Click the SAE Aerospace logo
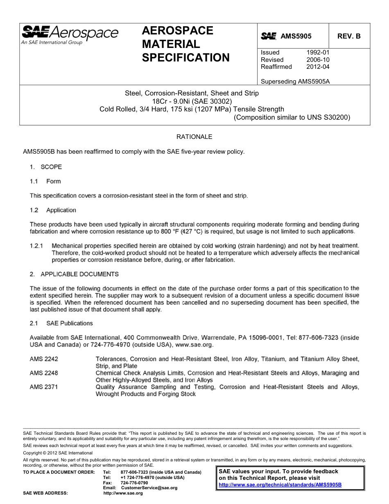click(70, 34)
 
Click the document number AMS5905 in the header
click(296, 36)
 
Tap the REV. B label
click(349, 36)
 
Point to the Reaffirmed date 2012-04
click(318, 67)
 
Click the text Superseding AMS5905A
click(295, 81)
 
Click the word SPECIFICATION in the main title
click(185, 58)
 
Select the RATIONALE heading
click(194, 136)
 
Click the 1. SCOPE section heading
click(46, 167)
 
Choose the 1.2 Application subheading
click(53, 210)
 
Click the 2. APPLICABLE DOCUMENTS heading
click(74, 274)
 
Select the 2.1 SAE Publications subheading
click(61, 323)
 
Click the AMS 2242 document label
click(44, 359)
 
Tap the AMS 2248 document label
click(44, 373)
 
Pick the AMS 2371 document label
click(44, 387)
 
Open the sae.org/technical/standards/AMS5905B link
click(280, 485)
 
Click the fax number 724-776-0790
click(134, 483)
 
